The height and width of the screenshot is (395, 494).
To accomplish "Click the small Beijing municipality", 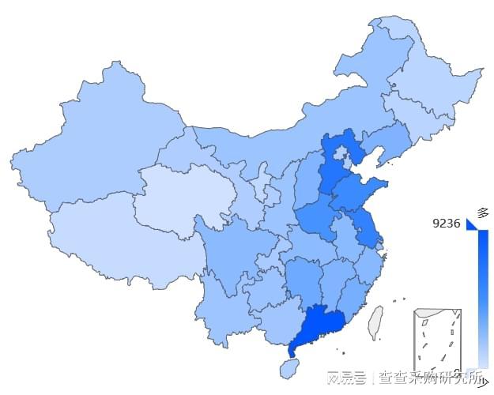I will point(341,153).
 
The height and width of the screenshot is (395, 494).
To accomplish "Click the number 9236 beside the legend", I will point(447,224).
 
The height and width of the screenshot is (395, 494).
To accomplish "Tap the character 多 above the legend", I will point(483,213).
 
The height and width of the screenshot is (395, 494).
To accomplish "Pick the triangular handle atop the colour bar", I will point(473,225).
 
